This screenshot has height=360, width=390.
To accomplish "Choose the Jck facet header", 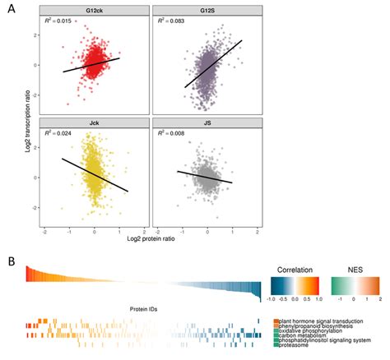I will (x=94, y=122).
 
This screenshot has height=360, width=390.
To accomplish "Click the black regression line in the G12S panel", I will (x=212, y=63).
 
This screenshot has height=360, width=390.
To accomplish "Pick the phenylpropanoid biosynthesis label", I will (x=318, y=326).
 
